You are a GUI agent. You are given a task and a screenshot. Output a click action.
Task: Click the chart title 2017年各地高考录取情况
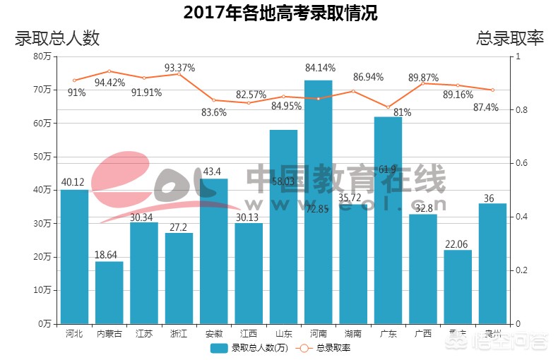[280, 13]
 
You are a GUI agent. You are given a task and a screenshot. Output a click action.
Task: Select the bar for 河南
[318, 205]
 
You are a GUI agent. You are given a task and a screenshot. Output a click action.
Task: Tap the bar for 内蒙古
[109, 293]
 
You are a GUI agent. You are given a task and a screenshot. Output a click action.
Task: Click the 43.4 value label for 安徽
[214, 172]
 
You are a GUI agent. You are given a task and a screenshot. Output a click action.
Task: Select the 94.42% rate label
[109, 83]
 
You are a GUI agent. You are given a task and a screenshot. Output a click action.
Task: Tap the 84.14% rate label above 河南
[320, 68]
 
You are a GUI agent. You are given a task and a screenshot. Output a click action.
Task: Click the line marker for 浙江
[179, 73]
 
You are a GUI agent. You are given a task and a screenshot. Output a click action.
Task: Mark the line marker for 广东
[388, 107]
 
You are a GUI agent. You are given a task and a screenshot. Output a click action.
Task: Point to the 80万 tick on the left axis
[42, 56]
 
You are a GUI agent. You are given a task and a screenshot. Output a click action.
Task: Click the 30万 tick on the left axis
[42, 224]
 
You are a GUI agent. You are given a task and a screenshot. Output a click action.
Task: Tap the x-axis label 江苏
[144, 334]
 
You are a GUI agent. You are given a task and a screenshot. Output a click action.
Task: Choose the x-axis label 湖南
[353, 334]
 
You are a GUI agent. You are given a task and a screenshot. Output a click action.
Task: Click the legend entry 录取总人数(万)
[250, 348]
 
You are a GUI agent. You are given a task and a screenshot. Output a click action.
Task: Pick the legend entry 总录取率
[326, 348]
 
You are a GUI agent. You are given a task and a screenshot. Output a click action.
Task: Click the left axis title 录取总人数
[57, 38]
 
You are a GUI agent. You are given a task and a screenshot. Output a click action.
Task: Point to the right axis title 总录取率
[510, 38]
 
